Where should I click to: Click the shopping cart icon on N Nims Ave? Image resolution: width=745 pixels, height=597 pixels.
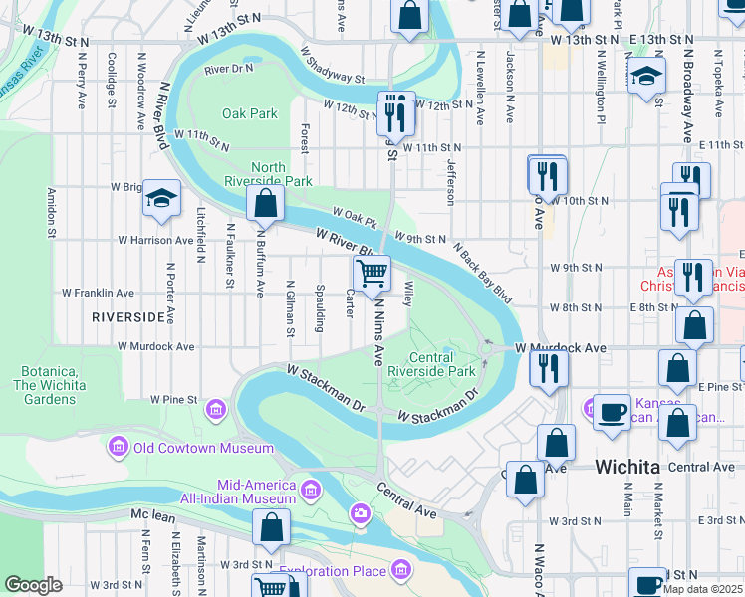372,273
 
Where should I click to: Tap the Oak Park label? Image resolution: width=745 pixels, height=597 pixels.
250,113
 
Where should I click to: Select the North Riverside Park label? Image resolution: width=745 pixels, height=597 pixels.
282,174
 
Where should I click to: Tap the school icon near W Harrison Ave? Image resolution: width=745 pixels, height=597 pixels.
160,199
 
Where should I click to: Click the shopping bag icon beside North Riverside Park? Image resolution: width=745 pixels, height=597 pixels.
265,204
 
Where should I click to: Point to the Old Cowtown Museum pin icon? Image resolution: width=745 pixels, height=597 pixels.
119,448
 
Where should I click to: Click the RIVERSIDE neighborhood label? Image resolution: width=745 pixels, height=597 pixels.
127,316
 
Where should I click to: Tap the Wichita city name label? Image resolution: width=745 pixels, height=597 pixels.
628,467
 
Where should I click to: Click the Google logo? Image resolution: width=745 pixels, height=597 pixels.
33,585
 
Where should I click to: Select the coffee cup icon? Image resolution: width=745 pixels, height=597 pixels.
612,410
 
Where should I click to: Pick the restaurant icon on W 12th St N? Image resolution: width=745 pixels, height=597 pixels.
395,114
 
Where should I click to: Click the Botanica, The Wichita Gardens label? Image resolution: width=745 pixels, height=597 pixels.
45,385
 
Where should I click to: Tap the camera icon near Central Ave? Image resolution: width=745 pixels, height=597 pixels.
360,512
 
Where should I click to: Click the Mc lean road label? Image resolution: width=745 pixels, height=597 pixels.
152,514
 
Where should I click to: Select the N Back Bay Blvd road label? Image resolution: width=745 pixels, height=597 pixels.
482,272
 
